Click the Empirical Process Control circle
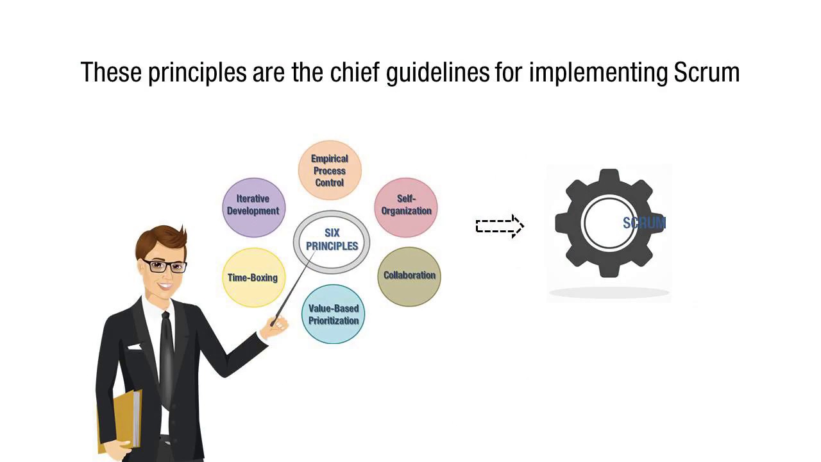click(x=330, y=171)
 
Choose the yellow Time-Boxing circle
click(x=253, y=277)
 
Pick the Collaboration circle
click(x=409, y=276)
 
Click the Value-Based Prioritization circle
click(x=333, y=314)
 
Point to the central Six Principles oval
click(x=332, y=240)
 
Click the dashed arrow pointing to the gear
click(x=500, y=226)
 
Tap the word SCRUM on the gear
click(x=644, y=223)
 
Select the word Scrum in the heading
click(x=707, y=73)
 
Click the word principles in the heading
click(x=198, y=73)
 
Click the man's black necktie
click(x=166, y=359)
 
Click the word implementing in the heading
click(x=598, y=73)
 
